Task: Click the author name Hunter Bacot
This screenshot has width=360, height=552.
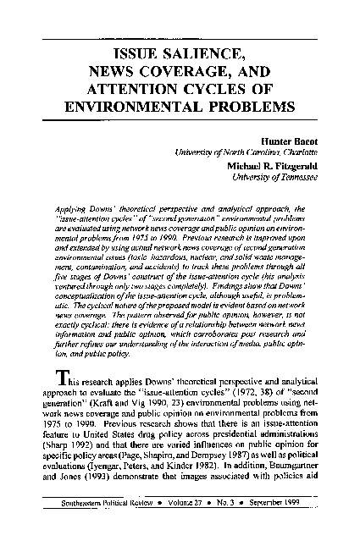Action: pos(291,141)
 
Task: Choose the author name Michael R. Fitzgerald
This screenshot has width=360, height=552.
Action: pos(270,165)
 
